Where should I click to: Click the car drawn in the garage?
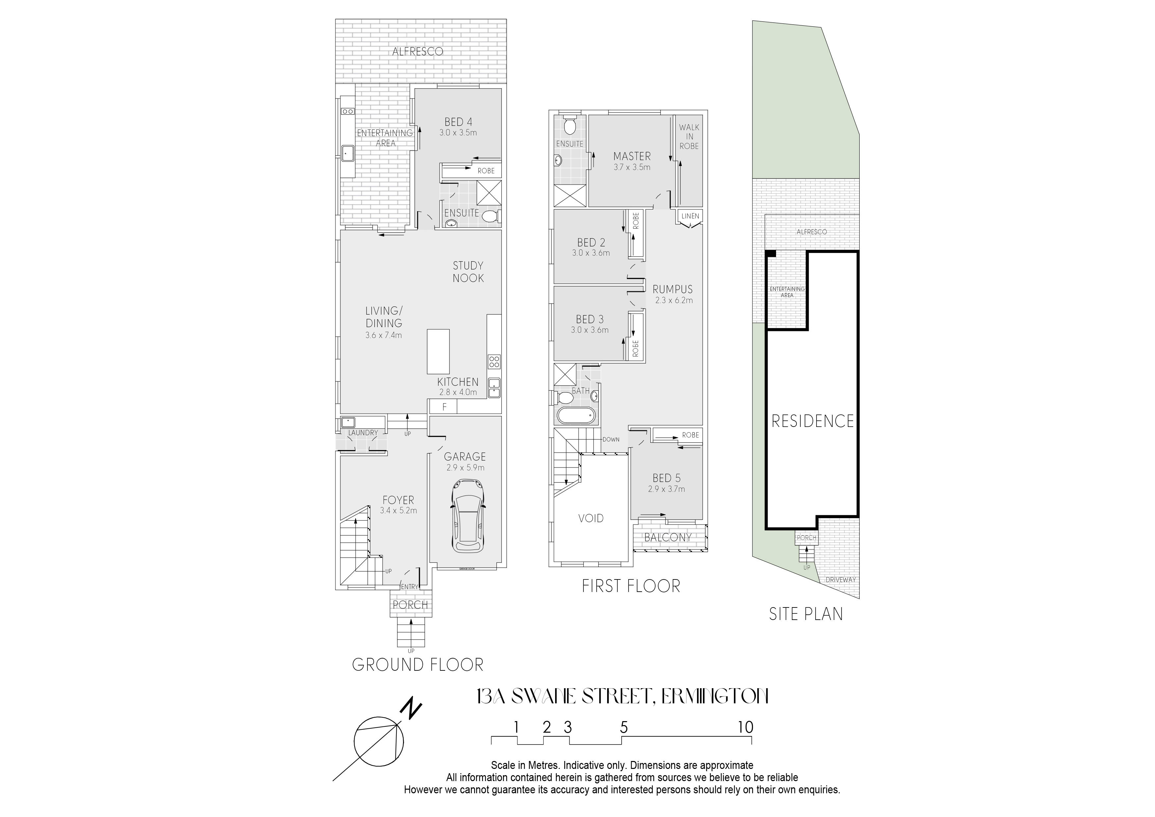click(468, 516)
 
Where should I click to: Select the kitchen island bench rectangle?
click(438, 352)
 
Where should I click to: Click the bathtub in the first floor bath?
click(576, 416)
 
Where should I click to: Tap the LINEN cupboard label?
click(690, 216)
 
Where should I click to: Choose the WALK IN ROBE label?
click(689, 136)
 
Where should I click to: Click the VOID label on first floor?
click(591, 518)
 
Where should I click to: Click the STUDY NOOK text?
click(468, 272)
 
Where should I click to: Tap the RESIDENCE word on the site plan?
click(813, 421)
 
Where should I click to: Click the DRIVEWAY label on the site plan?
click(841, 580)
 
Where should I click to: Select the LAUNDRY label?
click(363, 433)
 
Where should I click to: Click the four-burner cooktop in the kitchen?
click(494, 361)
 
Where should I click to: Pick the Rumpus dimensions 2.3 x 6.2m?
click(674, 300)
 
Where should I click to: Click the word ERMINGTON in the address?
click(714, 697)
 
